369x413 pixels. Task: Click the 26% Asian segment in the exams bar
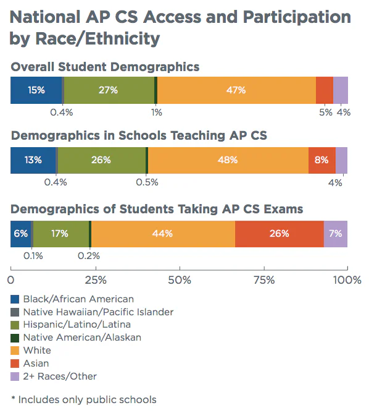tap(280, 234)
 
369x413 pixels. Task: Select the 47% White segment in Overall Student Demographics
tap(236, 90)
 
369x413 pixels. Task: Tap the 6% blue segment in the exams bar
tap(21, 234)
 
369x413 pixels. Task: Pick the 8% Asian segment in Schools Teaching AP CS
tap(322, 160)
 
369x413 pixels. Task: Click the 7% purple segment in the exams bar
tap(336, 234)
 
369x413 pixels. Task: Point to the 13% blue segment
tap(33, 160)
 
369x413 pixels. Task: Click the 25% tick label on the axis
tap(96, 279)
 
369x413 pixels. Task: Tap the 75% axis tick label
tap(264, 279)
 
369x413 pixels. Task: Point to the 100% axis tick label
tap(347, 279)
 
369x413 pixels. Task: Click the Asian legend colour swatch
tap(15, 364)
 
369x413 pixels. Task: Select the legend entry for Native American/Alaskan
tap(76, 338)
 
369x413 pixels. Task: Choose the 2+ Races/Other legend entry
tap(54, 377)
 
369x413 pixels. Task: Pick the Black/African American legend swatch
tap(15, 299)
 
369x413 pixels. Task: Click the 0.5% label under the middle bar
tap(147, 182)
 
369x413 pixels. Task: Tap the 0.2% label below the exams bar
tap(89, 256)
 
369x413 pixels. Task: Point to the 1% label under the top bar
tap(157, 113)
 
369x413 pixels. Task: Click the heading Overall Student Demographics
tap(105, 67)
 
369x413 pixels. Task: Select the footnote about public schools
tap(84, 400)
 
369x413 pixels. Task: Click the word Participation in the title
tap(297, 17)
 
